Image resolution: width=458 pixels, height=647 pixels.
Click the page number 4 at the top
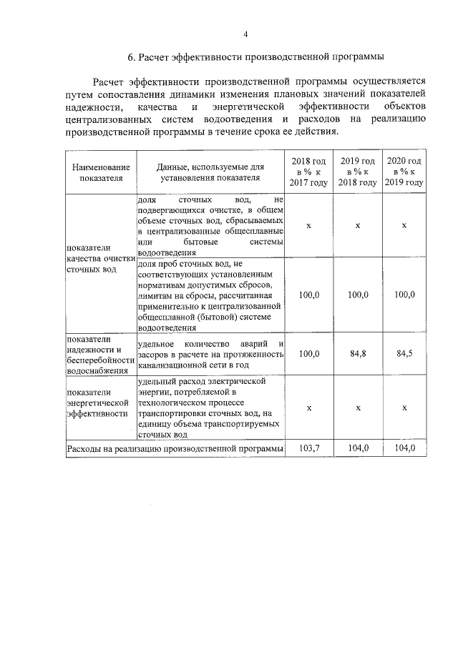(x=245, y=35)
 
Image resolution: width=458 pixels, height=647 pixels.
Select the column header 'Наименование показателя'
(x=101, y=172)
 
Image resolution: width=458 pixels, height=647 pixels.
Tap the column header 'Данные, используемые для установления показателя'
(x=210, y=172)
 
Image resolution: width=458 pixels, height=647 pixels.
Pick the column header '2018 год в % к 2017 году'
(x=308, y=172)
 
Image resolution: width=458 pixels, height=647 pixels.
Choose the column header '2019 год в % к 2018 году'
(x=357, y=172)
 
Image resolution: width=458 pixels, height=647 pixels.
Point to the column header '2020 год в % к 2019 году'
(x=404, y=172)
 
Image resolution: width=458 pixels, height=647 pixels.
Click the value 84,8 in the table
(x=357, y=354)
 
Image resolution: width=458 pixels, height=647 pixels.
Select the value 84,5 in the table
(x=404, y=354)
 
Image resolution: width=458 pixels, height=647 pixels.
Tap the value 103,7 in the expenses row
(x=308, y=448)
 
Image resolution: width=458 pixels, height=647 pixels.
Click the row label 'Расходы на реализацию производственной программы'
(x=174, y=449)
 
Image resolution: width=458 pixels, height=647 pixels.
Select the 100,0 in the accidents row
(x=308, y=354)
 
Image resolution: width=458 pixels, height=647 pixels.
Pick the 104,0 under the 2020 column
(x=404, y=448)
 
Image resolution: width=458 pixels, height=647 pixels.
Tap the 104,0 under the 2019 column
(x=357, y=448)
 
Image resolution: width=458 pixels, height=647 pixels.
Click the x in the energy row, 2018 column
(x=308, y=407)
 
